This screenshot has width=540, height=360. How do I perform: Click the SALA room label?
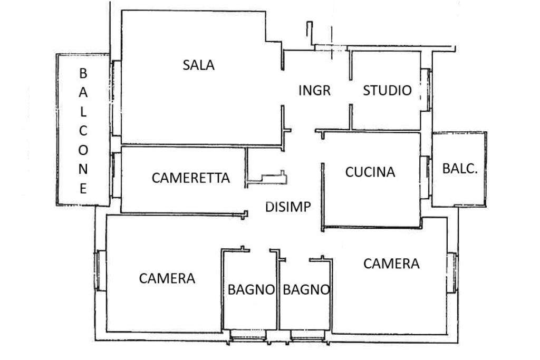(199, 65)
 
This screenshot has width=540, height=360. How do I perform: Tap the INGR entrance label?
(314, 90)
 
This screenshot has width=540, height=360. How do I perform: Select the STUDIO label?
(387, 90)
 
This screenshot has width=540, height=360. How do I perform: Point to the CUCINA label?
(370, 172)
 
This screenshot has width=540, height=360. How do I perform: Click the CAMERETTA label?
(191, 178)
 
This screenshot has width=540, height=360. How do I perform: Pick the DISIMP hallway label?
(288, 207)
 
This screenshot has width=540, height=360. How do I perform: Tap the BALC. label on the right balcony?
(460, 169)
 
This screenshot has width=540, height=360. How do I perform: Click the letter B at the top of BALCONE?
(83, 73)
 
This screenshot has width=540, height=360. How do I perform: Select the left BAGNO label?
(251, 289)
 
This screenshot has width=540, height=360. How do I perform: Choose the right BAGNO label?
(306, 289)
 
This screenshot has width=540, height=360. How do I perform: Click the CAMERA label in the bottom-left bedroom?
(167, 278)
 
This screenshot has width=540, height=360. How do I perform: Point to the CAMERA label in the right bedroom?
(391, 264)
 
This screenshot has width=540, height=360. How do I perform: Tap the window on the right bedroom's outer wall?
(451, 272)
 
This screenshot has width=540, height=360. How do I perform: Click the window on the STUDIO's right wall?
(427, 90)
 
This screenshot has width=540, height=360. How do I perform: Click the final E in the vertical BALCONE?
(83, 188)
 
